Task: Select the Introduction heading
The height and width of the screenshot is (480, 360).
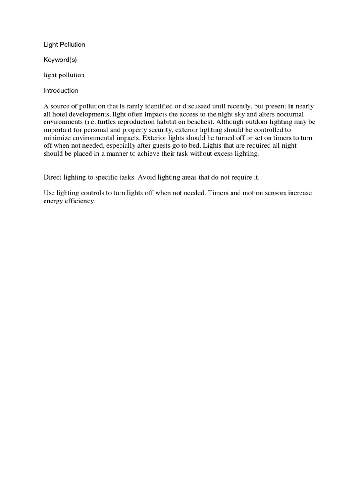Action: click(61, 90)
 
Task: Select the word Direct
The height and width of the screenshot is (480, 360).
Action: click(53, 178)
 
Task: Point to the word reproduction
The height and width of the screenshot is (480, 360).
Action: click(137, 122)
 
